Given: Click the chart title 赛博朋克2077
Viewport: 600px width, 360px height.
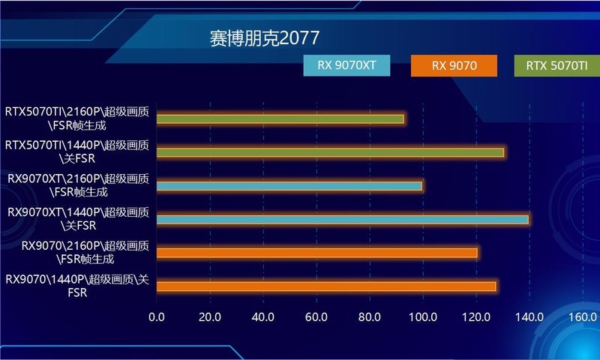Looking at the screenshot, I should pos(265,38).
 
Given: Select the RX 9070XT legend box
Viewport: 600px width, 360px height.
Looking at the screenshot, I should pos(346,66).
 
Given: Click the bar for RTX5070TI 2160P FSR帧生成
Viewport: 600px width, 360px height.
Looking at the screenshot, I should pos(280,118).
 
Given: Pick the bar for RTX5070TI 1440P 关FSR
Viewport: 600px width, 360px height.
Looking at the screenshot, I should pos(330,152).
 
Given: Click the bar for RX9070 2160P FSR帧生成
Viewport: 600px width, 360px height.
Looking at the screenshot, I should pos(317,253).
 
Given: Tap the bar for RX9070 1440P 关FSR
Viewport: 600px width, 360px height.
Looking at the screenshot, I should pos(326,286).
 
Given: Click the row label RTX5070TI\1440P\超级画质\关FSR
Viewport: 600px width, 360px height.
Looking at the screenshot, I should pos(77,151).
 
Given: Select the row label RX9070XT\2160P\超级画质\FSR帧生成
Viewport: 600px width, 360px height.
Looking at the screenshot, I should pos(77,185).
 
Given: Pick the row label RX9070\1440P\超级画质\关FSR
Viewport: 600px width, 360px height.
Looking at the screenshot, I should pos(77,286).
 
